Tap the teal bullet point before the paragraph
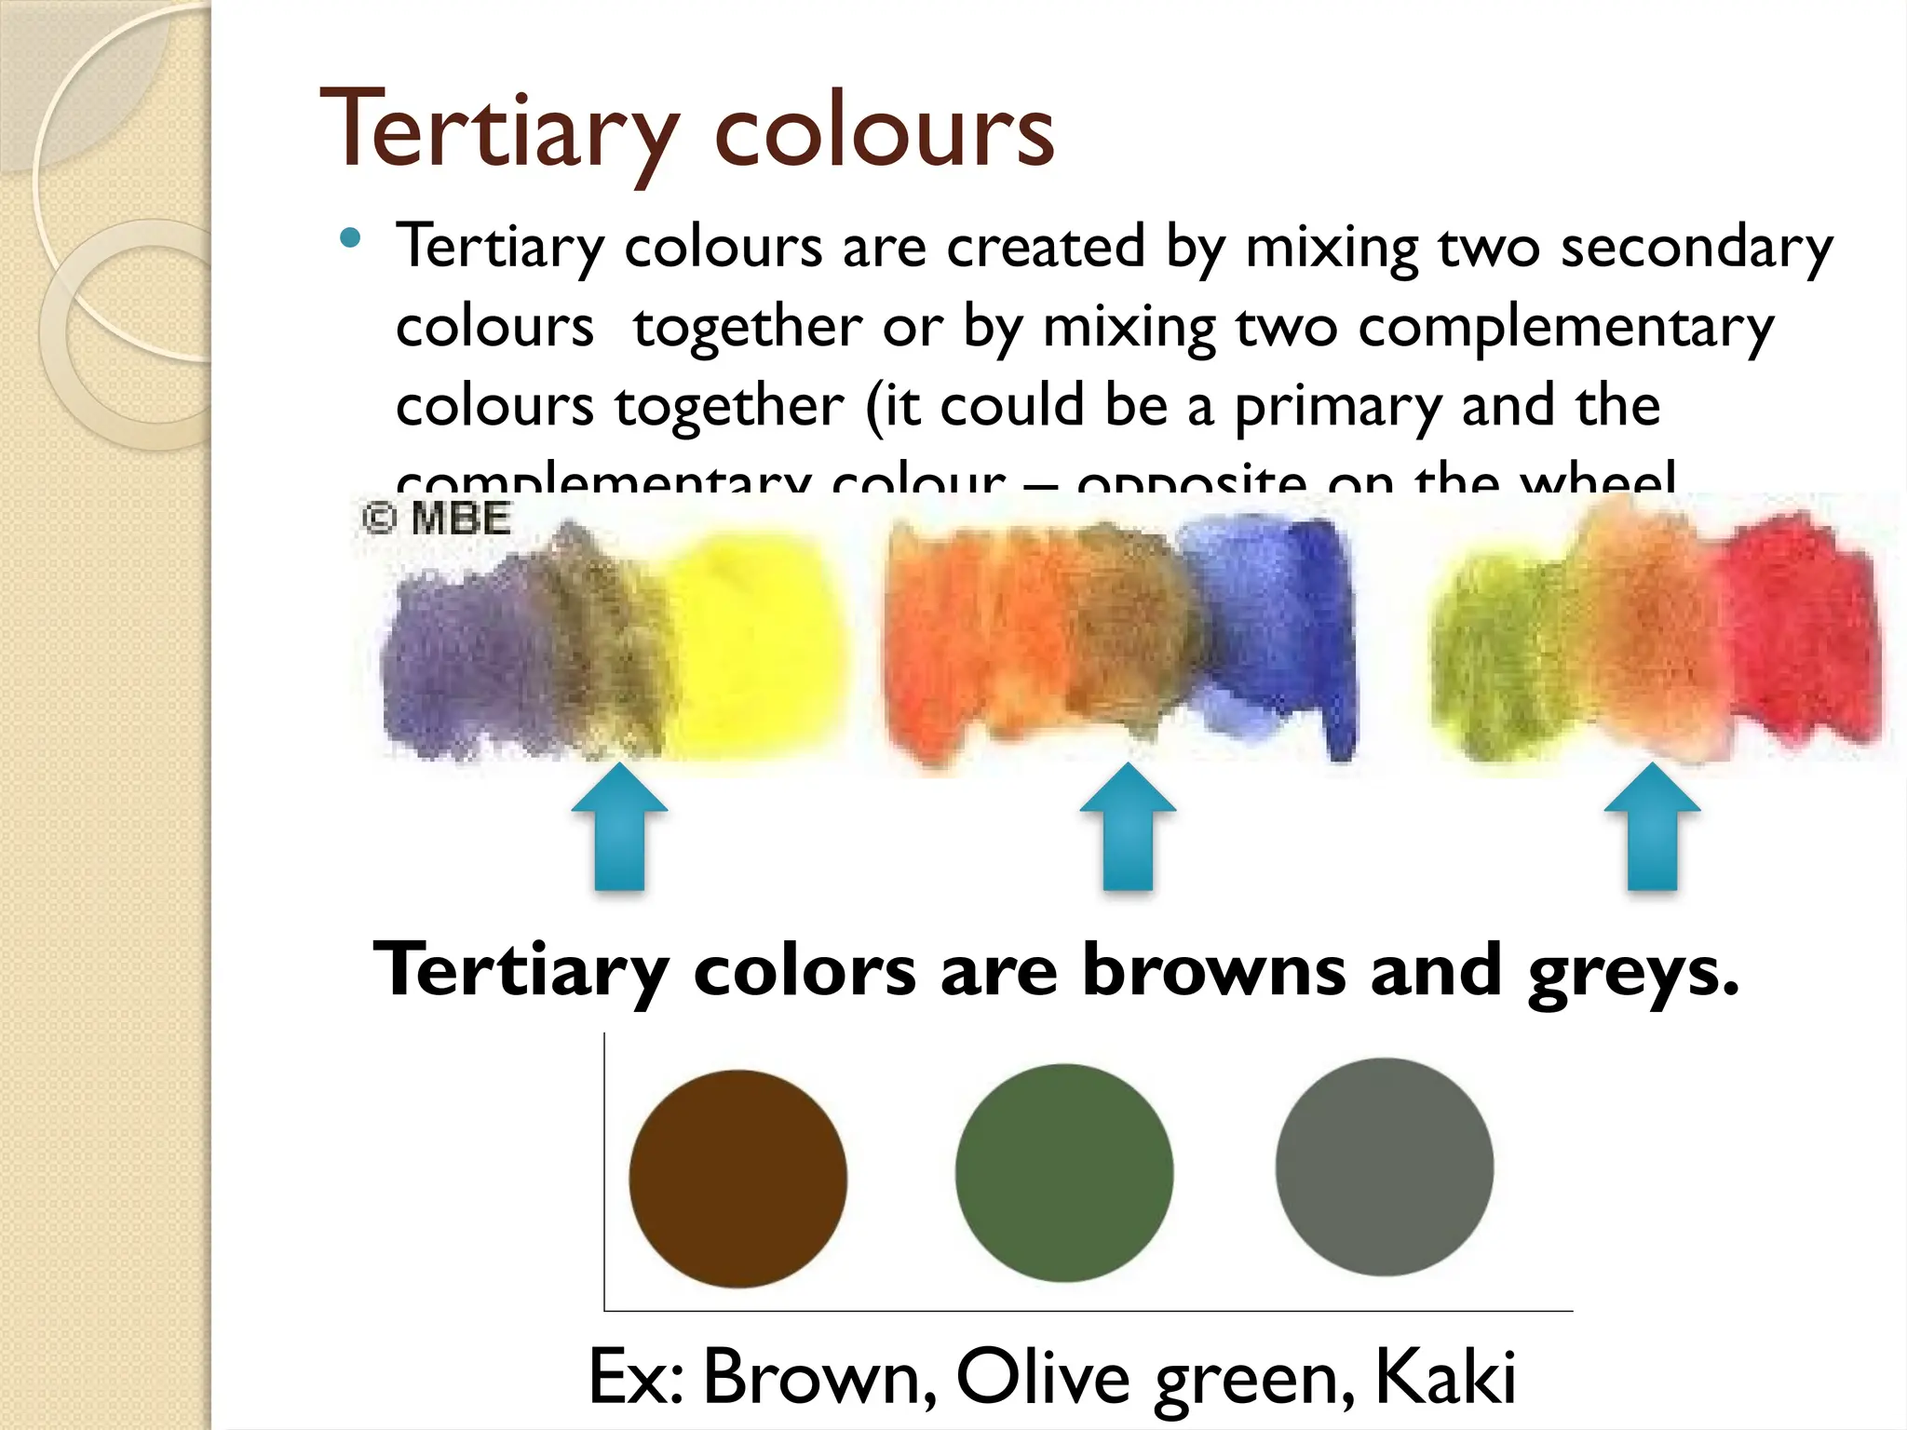coord(350,238)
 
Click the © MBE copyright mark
coord(436,518)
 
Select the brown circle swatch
coord(737,1179)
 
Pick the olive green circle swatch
coord(1063,1172)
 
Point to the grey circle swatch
coord(1384,1167)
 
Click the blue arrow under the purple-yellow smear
coord(619,827)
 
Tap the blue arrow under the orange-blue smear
coord(1128,827)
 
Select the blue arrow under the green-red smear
coord(1652,827)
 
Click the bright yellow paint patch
coord(754,642)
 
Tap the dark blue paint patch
coord(1304,633)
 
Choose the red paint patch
coord(1797,633)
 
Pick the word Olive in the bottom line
coord(1042,1376)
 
